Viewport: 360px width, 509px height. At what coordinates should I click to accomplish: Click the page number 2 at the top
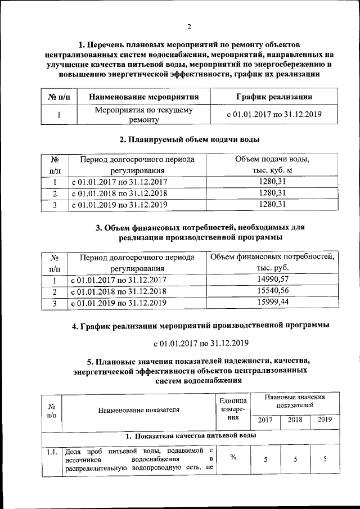[190, 26]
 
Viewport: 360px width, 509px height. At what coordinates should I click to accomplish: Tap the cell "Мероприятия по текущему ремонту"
[144, 115]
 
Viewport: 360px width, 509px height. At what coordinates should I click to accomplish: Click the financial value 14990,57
[272, 279]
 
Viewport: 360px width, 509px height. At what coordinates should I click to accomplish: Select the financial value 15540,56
[272, 291]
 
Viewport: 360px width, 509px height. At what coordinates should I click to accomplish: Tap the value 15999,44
[272, 302]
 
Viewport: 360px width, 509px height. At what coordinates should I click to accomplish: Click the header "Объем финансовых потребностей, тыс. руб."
[272, 262]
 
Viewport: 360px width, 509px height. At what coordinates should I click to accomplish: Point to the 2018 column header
[295, 420]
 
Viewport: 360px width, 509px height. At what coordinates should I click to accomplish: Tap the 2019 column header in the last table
[325, 420]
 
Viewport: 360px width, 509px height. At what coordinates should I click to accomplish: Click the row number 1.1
[52, 451]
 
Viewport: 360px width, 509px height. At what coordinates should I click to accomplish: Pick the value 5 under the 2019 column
[325, 460]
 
